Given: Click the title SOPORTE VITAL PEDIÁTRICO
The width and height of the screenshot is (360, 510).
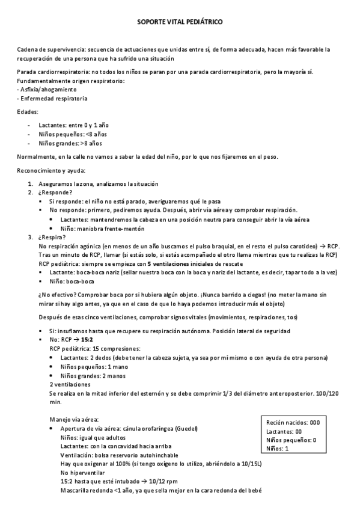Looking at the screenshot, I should point(180,20).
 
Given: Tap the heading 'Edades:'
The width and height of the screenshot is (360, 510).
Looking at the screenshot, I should point(28,112).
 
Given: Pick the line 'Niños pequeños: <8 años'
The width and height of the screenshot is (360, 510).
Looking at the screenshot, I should point(72,134).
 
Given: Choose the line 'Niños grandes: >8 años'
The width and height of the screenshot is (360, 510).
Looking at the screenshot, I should point(70,144).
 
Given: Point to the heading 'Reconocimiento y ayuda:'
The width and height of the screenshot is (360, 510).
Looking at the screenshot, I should point(52,171).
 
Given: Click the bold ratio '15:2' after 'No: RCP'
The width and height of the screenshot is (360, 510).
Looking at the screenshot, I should point(89,340).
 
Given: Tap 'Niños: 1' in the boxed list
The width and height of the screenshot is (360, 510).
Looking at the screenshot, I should point(278,449).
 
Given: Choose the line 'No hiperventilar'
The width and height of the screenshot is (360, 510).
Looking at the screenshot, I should point(82,473).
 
